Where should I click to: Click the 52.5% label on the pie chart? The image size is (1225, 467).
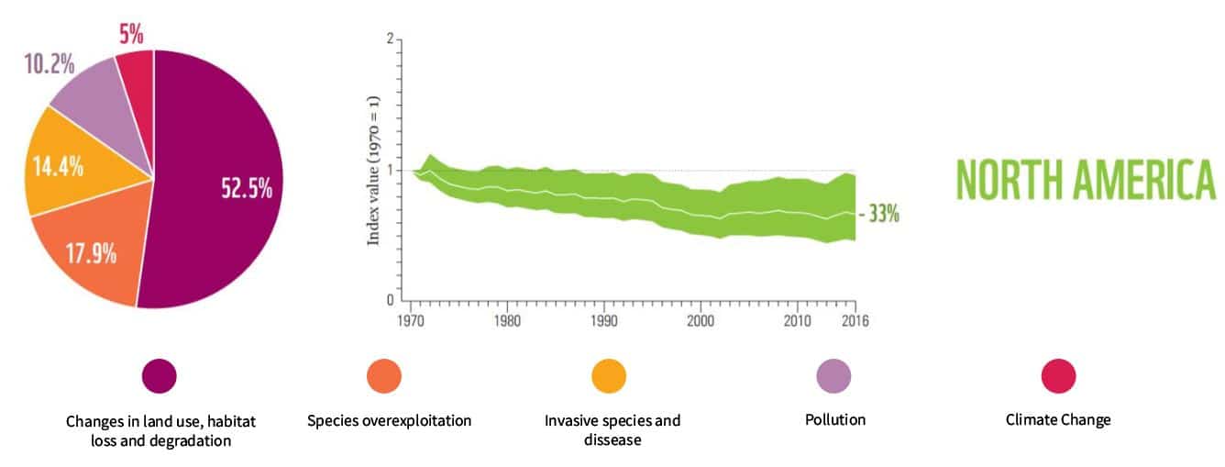coord(247,188)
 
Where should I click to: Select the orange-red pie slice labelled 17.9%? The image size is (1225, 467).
coord(90,252)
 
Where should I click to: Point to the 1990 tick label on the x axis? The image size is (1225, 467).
coord(602,321)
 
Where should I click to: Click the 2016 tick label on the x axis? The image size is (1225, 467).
coord(855,321)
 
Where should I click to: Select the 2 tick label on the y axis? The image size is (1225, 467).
coord(391,39)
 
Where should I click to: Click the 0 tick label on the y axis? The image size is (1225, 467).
coord(391,300)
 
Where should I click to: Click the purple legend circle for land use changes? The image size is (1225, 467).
coord(159,376)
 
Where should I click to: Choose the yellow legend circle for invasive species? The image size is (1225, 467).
coord(609,376)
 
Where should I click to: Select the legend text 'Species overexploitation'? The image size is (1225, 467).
coord(389,420)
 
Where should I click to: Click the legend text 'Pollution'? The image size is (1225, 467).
coord(834,419)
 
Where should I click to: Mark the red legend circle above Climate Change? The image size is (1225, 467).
coord(1058,376)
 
